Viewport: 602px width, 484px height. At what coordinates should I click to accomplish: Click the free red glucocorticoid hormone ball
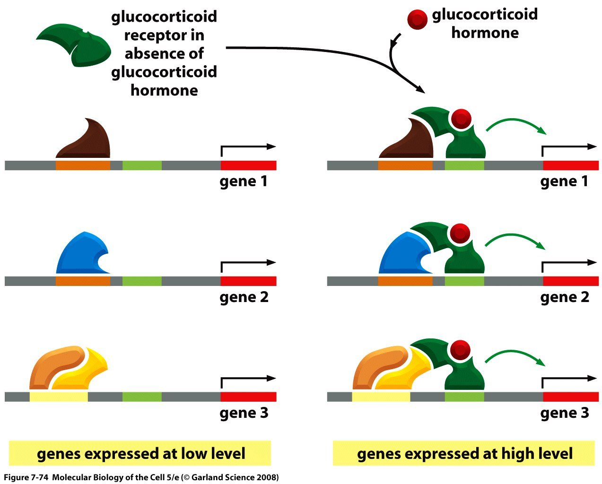(417, 20)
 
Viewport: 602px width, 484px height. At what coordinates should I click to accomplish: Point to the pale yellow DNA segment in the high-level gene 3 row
(381, 397)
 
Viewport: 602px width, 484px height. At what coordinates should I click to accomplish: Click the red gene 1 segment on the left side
(248, 165)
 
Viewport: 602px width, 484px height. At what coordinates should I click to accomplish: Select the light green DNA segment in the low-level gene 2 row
(142, 281)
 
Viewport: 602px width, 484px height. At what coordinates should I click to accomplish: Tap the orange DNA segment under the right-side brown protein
(405, 165)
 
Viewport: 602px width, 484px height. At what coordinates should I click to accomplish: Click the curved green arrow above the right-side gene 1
(515, 124)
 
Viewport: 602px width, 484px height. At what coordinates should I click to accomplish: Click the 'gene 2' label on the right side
(565, 297)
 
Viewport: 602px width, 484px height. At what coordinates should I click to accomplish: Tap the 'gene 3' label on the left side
(244, 413)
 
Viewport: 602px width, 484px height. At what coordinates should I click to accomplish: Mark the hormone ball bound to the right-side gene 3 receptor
(460, 350)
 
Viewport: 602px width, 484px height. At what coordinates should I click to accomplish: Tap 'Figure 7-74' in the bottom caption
(26, 477)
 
